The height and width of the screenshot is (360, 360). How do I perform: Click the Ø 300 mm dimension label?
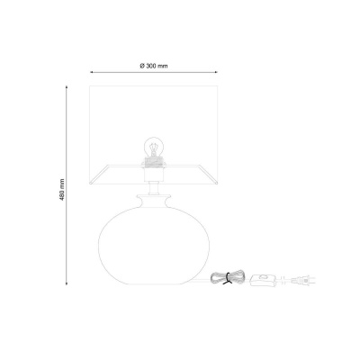pos(154,66)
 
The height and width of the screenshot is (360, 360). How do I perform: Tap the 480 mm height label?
pos(62,190)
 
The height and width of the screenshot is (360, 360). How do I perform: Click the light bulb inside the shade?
pos(154,147)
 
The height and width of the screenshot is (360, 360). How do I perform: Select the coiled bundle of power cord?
pos(228,278)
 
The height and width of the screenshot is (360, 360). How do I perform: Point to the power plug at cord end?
pos(303,281)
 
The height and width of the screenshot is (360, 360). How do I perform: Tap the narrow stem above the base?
pos(154,188)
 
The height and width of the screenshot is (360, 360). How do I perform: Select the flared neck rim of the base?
pos(154,199)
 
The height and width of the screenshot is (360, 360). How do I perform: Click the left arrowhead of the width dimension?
pos(92,72)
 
